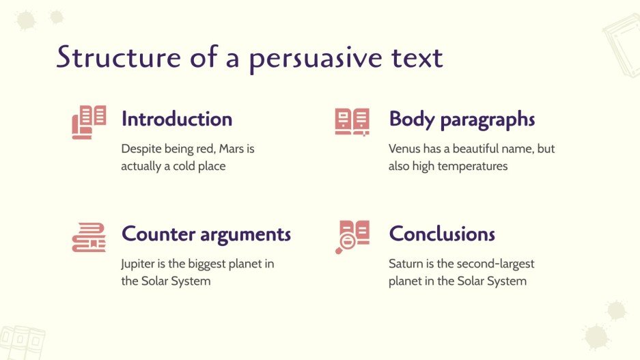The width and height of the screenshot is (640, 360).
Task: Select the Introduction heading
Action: click(176, 119)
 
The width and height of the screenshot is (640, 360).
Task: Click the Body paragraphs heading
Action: click(462, 119)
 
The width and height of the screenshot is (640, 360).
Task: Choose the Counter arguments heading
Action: click(206, 234)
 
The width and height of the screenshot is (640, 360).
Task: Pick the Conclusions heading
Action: click(442, 234)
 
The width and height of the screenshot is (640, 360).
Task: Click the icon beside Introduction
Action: click(89, 122)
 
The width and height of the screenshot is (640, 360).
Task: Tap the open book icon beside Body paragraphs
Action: click(352, 122)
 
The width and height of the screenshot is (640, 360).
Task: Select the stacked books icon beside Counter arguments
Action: click(89, 237)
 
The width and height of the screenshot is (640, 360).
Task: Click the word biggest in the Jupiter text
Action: click(208, 264)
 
